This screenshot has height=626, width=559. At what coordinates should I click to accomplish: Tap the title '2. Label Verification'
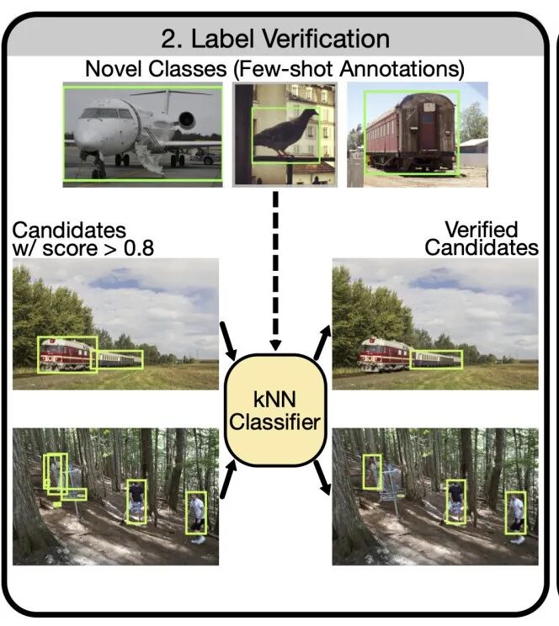[x=276, y=38]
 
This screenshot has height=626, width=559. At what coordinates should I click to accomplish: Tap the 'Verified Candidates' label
[x=482, y=238]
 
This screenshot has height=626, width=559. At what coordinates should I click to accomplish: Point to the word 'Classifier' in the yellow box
[x=275, y=422]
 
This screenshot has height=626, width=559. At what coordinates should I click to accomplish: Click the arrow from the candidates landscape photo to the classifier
[x=230, y=341]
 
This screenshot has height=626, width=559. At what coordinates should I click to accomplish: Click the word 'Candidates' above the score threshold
[x=69, y=230]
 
